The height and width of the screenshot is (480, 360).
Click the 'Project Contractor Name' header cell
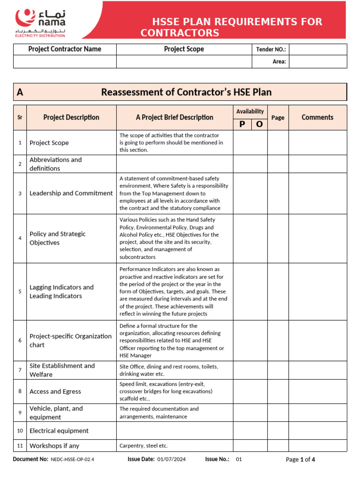[x=65, y=49]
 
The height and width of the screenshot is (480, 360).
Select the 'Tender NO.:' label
[x=271, y=50]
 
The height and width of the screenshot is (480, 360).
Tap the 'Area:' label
[x=279, y=61]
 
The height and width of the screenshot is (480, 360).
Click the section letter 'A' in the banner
[x=20, y=92]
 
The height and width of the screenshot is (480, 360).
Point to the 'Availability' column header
[x=250, y=112]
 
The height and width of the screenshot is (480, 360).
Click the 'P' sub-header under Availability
[x=242, y=124]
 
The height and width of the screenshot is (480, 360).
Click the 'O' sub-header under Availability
[x=259, y=124]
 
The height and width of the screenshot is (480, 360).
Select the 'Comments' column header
[x=317, y=118]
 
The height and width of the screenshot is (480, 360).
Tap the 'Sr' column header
[x=20, y=118]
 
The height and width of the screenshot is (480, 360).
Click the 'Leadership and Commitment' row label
[x=71, y=193]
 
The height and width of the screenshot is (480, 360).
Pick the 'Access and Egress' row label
[x=55, y=391]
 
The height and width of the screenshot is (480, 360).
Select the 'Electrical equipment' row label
[x=59, y=431]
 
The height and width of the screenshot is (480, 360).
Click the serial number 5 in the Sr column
[x=20, y=292]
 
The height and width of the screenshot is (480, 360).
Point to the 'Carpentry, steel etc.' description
[x=143, y=446]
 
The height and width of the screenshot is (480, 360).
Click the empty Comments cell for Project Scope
[x=317, y=142]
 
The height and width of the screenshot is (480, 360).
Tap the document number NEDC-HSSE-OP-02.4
[x=72, y=459]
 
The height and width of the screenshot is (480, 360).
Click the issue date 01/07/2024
[x=172, y=459]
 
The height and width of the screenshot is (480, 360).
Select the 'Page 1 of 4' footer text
[x=300, y=459]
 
